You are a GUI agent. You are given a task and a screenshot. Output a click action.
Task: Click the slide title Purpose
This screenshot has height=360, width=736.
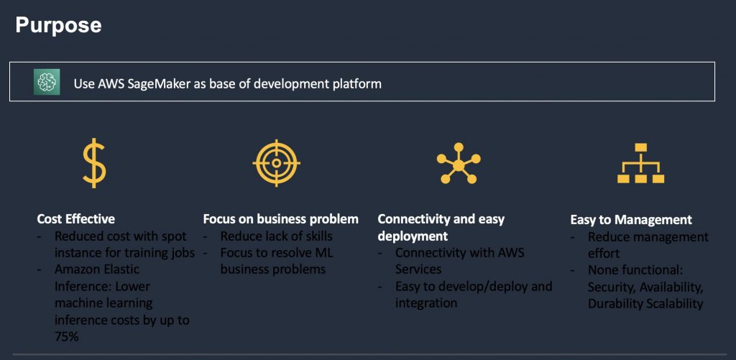(x=58, y=25)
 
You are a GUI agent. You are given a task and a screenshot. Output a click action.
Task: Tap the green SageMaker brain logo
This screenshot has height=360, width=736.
(x=47, y=82)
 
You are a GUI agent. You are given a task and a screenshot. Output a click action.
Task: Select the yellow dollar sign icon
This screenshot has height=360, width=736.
(x=93, y=163)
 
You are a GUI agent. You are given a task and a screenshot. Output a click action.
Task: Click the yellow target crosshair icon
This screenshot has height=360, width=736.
(x=276, y=163)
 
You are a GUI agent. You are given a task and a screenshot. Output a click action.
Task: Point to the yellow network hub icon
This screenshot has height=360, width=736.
(x=459, y=165)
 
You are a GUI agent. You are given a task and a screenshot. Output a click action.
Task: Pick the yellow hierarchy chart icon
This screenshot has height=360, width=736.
(x=640, y=164)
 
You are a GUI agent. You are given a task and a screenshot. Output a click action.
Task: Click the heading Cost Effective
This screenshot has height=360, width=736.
(x=76, y=219)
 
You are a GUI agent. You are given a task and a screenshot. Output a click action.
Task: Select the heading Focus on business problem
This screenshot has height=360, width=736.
(x=280, y=219)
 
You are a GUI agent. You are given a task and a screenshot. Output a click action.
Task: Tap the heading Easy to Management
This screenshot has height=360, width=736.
(x=631, y=220)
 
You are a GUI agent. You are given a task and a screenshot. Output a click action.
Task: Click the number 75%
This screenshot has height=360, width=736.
(x=67, y=336)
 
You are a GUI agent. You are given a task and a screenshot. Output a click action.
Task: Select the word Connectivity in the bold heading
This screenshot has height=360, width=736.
(x=414, y=219)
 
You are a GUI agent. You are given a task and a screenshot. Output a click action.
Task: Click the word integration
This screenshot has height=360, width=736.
(x=426, y=303)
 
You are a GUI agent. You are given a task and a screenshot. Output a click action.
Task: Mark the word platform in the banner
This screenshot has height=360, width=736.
(x=356, y=83)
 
